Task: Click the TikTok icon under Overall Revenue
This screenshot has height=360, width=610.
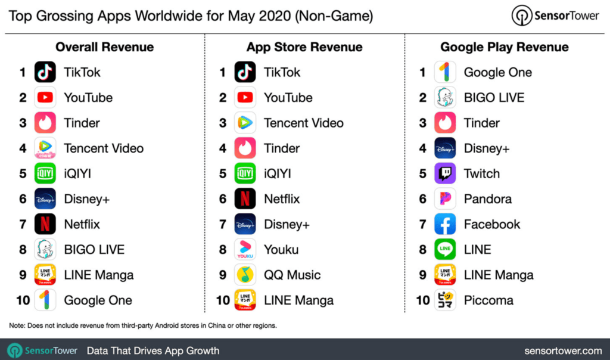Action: [45, 72]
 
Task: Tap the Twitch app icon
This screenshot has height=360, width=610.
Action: [445, 173]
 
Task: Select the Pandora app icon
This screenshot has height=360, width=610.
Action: [445, 199]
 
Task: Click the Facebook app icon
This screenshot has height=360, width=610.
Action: [445, 224]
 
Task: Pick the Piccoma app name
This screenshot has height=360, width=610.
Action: [488, 300]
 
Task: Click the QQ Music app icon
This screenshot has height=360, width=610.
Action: [245, 275]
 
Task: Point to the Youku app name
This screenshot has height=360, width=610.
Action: [282, 250]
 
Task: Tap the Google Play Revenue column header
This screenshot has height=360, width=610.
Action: [504, 47]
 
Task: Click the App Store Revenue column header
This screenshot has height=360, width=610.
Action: [304, 47]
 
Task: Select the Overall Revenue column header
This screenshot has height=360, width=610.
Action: [104, 47]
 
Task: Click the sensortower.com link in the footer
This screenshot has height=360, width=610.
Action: [563, 350]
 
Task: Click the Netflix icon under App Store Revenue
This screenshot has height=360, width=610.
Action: [245, 199]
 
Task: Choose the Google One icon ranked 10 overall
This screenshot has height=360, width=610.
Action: [45, 300]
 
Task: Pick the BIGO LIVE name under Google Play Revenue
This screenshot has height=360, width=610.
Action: [494, 98]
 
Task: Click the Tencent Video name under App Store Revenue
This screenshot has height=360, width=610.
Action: [304, 123]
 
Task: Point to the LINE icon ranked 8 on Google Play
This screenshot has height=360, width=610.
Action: [445, 250]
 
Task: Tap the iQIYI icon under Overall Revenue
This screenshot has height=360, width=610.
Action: [45, 173]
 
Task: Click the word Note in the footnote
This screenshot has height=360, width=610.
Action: [17, 325]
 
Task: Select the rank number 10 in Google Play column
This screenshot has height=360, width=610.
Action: [423, 300]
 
